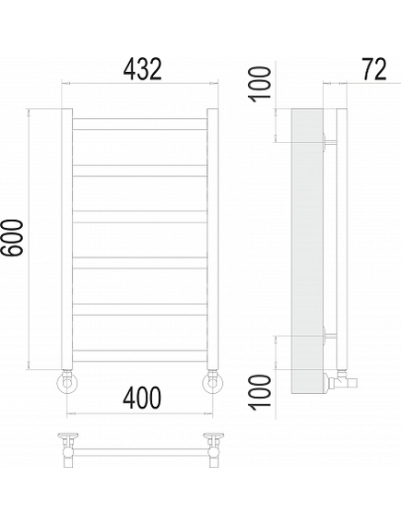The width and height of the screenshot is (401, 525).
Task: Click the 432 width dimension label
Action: (143, 69)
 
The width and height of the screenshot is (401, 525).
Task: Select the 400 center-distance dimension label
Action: (142, 398)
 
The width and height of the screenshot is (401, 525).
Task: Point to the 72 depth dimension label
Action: (374, 69)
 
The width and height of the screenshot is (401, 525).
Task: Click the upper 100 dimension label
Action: (259, 84)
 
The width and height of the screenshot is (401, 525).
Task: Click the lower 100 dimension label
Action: (259, 392)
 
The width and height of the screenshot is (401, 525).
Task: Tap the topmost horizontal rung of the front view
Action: (140, 124)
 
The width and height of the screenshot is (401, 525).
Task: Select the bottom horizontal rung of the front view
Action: (140, 355)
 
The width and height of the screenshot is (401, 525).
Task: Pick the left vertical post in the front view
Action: (67, 239)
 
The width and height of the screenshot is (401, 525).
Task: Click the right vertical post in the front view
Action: (212, 239)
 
